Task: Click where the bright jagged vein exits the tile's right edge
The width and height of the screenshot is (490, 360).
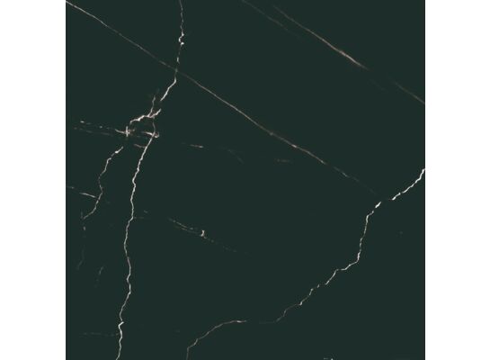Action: [423, 171]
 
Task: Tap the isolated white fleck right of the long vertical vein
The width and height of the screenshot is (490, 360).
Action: [204, 234]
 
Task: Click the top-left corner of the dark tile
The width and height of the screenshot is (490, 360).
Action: [67, 1]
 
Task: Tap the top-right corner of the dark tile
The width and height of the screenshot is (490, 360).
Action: [424, 1]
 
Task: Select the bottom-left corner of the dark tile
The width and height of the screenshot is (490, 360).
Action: [67, 359]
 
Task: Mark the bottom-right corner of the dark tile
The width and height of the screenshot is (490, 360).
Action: [424, 359]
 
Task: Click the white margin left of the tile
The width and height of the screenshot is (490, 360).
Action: [32, 180]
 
